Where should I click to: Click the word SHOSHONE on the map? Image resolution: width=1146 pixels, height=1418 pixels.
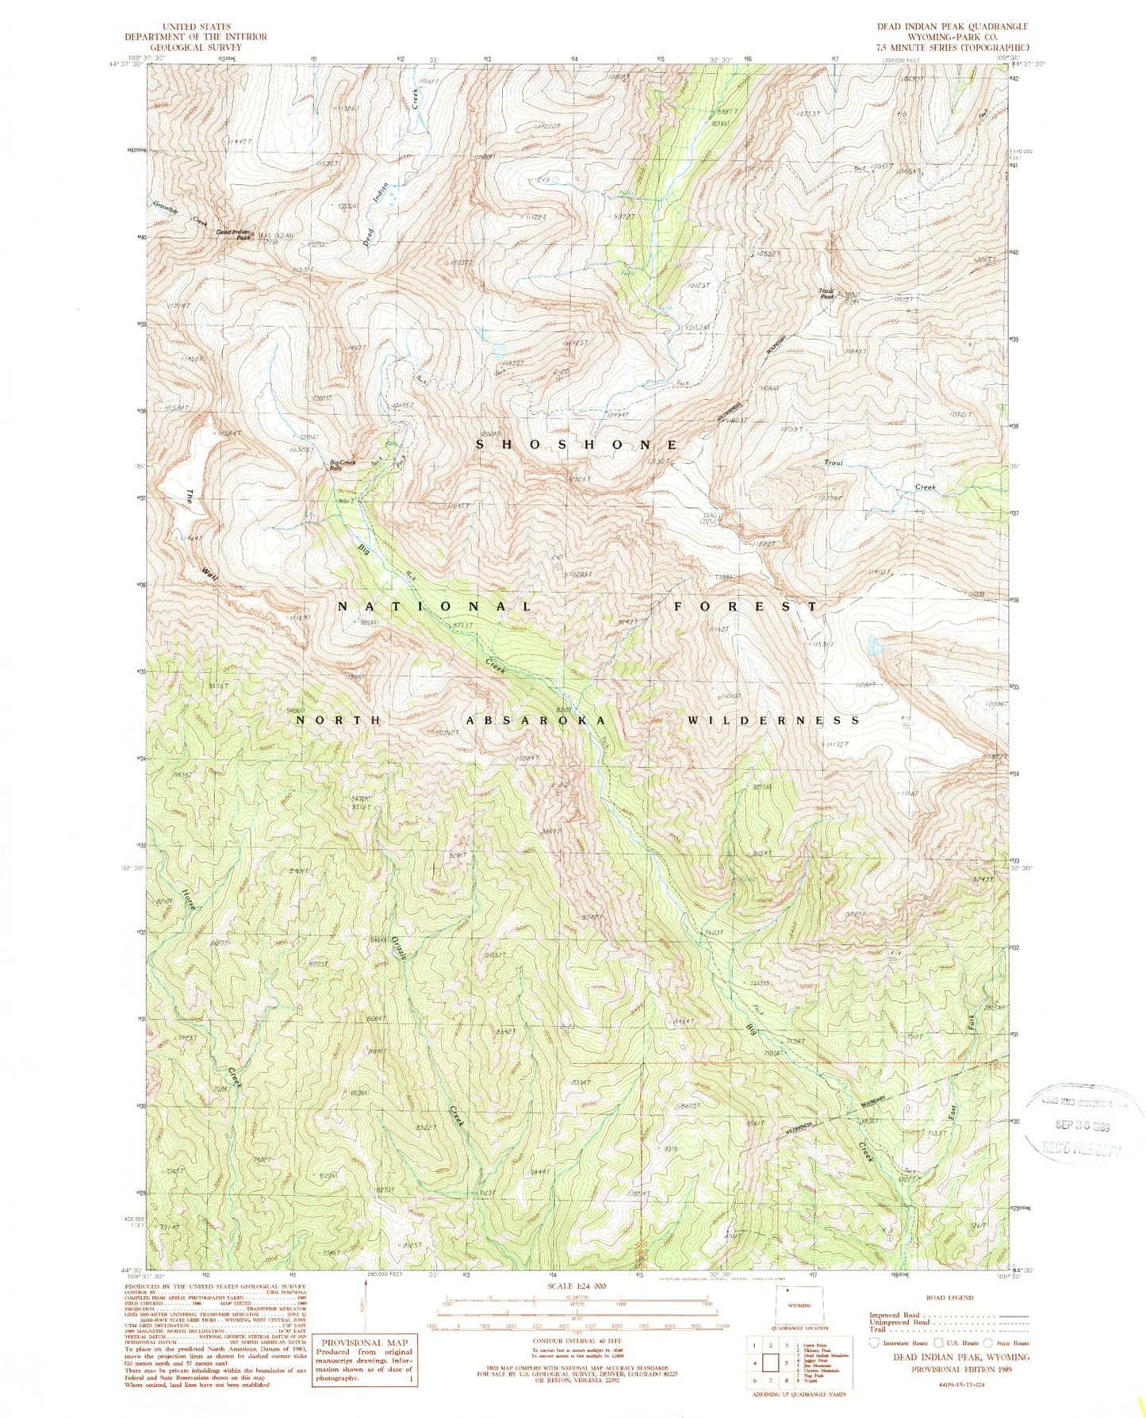[577, 445]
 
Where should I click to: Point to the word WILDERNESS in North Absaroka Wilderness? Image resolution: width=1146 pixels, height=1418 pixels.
[773, 721]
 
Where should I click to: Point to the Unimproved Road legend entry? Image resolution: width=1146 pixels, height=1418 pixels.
[903, 1324]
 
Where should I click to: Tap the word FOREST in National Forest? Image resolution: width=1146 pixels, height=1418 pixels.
[745, 606]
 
